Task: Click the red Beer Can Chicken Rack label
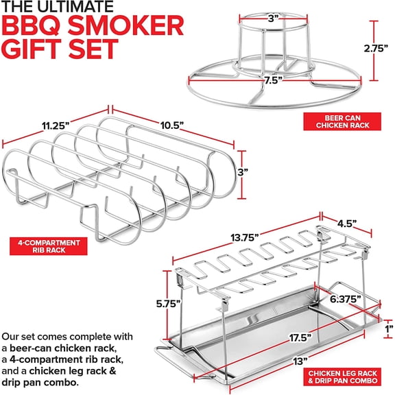point(338,122)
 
